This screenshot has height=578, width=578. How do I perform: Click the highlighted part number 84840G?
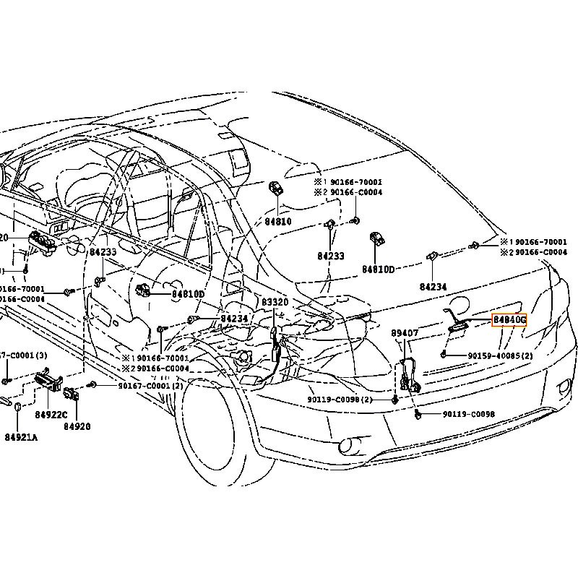[509, 319]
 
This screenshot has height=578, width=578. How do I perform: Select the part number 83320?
[275, 302]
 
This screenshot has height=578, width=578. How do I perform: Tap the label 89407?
[405, 334]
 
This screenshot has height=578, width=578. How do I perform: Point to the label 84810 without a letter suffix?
[277, 221]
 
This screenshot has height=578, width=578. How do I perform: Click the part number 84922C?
[51, 414]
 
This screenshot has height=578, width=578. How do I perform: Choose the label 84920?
[77, 426]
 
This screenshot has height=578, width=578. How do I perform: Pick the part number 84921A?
[21, 437]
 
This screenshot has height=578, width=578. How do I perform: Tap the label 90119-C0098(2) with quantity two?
[340, 400]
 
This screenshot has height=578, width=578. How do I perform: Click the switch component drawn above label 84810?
[276, 189]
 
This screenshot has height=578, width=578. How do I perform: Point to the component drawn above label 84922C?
[48, 381]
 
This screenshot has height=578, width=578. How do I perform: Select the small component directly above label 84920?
[72, 394]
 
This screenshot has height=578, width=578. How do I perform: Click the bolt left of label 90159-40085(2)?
[443, 355]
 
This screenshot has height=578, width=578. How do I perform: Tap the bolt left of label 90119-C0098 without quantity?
[418, 414]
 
